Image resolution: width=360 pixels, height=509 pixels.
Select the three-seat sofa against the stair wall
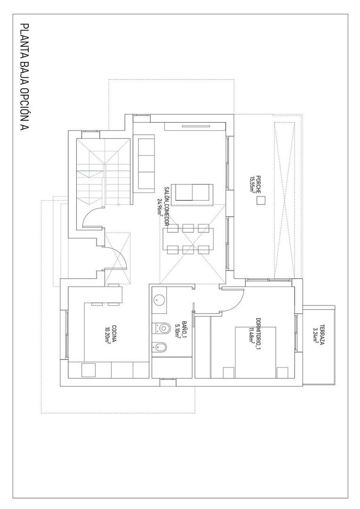coord(144,163)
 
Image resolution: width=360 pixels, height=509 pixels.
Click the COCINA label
coord(114,335)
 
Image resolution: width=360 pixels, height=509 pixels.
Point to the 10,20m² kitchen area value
coord(107,336)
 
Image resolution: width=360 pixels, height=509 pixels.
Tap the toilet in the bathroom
coord(161,327)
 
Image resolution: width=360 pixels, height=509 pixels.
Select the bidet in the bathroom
coord(161,347)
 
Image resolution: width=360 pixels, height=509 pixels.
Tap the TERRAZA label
coord(322,335)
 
